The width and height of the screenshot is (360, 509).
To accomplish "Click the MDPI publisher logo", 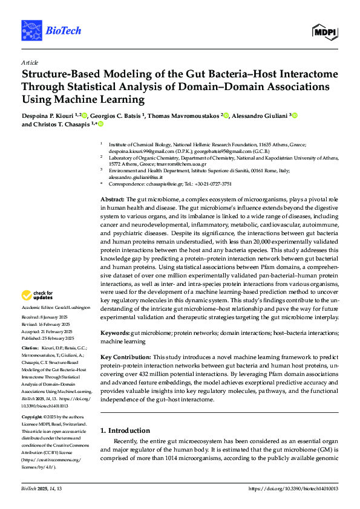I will click(326, 30).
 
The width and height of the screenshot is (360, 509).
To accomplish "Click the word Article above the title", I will click(29, 62).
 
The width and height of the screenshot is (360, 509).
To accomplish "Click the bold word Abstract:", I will click(112, 199).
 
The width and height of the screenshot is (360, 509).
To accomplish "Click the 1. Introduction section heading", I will click(125, 430).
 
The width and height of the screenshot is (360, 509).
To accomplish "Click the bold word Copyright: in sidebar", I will click(33, 417).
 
